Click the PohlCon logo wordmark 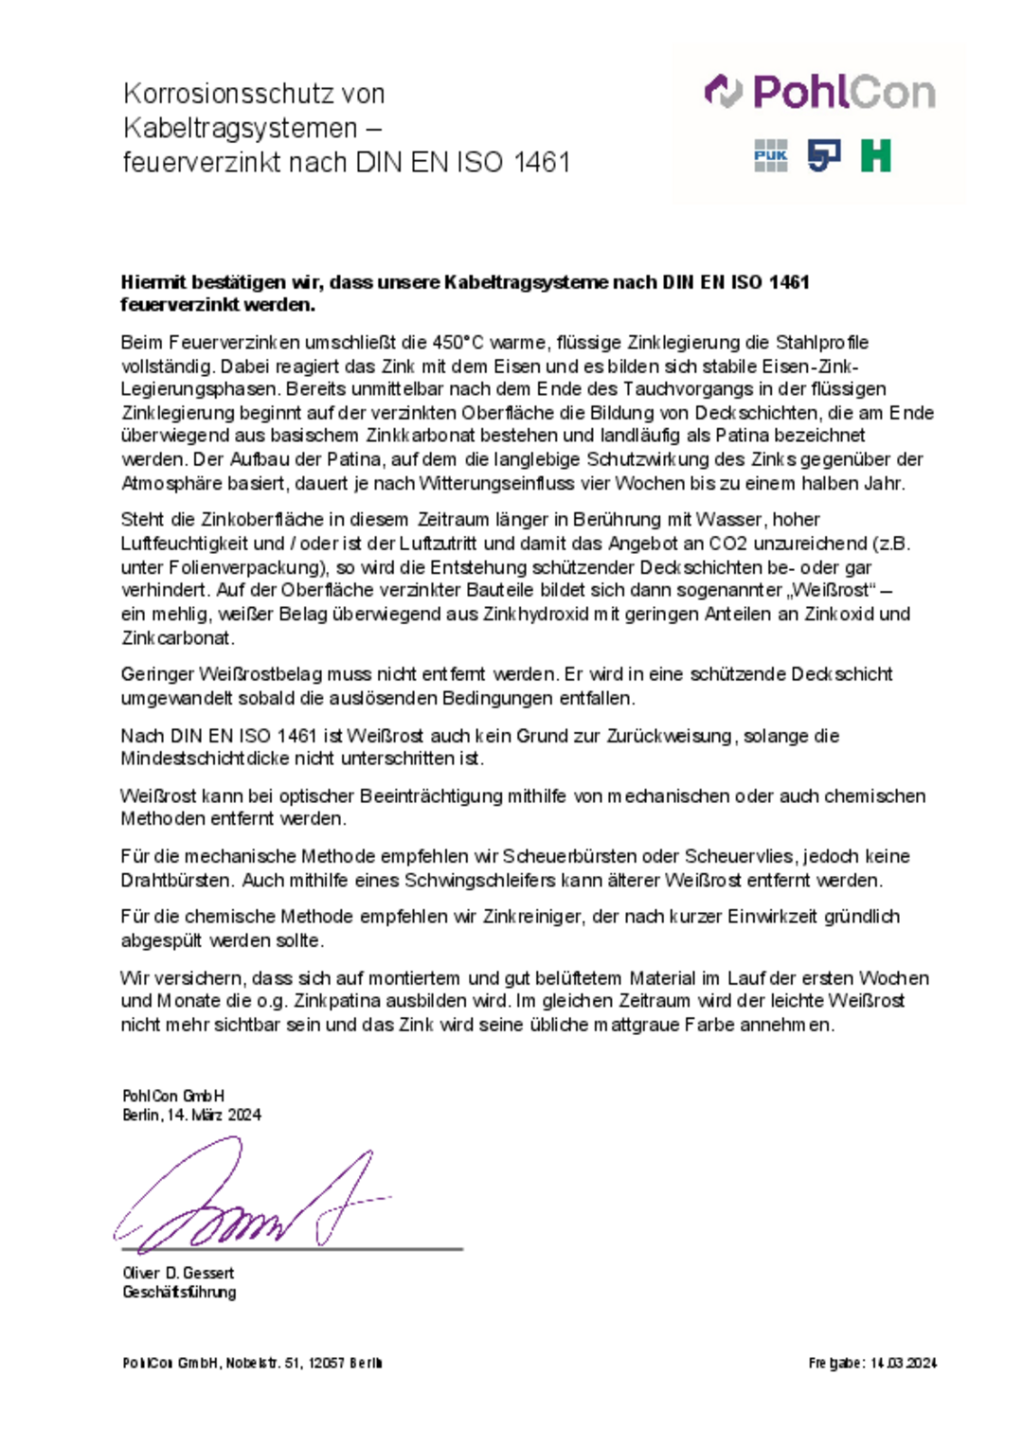click(x=820, y=93)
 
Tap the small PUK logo click(x=770, y=156)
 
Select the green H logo click(x=875, y=155)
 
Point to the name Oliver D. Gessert click(x=178, y=1274)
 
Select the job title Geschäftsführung click(x=179, y=1293)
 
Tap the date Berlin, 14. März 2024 click(x=191, y=1116)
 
